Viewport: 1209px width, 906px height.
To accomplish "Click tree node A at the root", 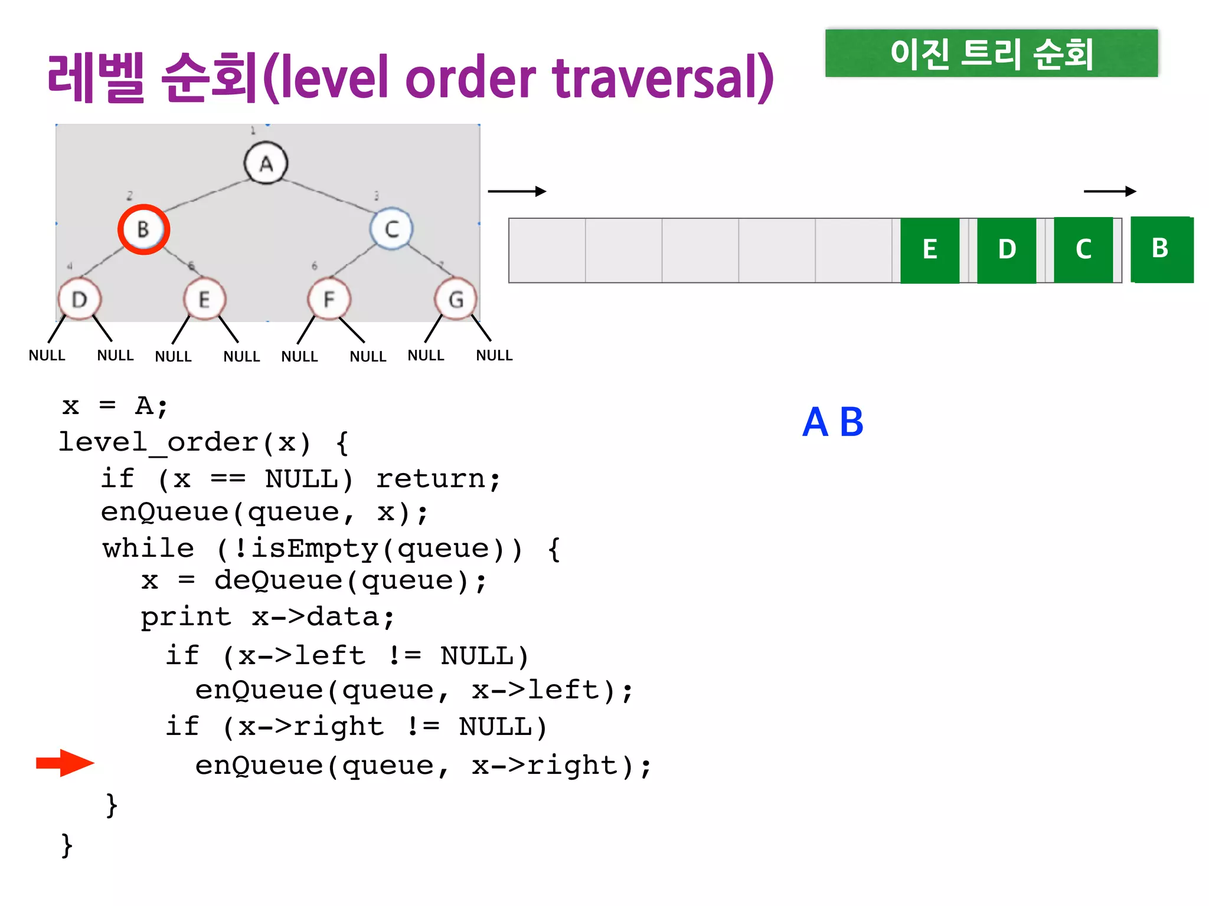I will coord(266,163).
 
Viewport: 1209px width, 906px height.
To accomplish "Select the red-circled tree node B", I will coord(143,229).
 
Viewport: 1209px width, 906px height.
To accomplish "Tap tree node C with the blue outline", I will coord(391,229).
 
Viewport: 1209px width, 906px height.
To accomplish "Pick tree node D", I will coord(80,300).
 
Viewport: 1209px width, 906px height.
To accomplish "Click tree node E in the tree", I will coord(204,300).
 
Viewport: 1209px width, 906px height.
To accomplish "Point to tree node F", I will coord(329,300).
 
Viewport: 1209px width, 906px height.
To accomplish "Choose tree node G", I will coord(455,300).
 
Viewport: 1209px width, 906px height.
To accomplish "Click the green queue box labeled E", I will coord(930,250).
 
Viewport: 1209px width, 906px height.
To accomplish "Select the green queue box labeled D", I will coord(1007,250).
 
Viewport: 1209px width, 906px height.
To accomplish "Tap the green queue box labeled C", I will coord(1083,250).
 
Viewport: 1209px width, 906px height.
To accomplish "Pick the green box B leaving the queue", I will coord(1161,249).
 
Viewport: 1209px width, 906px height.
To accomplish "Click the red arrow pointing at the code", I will coord(65,763).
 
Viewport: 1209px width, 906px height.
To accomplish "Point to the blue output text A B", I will coord(833,422).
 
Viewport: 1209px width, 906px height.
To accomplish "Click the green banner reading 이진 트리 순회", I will coord(991,53).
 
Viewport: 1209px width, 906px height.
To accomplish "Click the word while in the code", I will coord(148,549).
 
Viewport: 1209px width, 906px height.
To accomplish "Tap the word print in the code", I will coord(186,618).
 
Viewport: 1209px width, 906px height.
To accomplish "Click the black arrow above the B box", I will coord(1110,191).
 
